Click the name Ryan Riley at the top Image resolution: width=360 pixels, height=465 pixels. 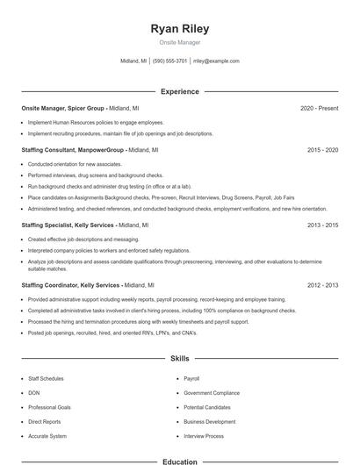[x=179, y=29]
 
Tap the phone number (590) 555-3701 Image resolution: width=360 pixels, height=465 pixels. [x=169, y=61]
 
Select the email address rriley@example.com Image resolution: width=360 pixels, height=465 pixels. [x=216, y=61]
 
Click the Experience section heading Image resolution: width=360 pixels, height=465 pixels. [x=179, y=91]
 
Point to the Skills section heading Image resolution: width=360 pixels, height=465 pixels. [x=179, y=359]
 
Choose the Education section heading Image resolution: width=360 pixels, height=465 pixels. [x=179, y=461]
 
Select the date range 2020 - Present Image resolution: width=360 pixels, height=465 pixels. [x=319, y=108]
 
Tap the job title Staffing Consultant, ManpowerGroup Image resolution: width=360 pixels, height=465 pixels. [x=72, y=150]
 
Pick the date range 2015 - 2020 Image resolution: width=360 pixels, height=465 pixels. [x=322, y=150]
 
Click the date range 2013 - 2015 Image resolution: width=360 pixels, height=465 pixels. [x=322, y=225]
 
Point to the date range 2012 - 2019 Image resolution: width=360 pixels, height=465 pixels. [x=322, y=285]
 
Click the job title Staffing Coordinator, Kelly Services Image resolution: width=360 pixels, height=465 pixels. [x=70, y=285]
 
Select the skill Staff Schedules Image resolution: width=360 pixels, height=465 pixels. [x=47, y=378]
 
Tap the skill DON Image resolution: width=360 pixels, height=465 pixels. [x=33, y=393]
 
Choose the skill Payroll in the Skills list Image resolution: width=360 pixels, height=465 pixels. [x=191, y=378]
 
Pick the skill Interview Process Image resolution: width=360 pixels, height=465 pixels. [x=203, y=436]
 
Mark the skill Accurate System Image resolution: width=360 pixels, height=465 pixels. [x=47, y=436]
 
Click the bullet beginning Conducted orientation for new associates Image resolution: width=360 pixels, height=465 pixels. [x=75, y=164]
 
